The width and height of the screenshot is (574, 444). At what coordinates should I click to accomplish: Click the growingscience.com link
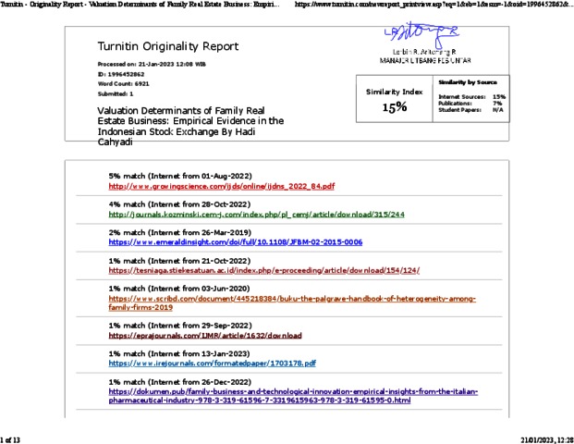(x=222, y=186)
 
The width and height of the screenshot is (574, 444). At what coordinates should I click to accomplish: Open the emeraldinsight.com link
(x=235, y=242)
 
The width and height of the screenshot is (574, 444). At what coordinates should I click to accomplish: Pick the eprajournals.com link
(x=218, y=335)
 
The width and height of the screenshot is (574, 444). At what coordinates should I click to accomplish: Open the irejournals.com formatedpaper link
(x=212, y=364)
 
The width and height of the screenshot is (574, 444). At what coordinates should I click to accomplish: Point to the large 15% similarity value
(x=395, y=108)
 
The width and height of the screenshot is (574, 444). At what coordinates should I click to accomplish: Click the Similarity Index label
(x=395, y=92)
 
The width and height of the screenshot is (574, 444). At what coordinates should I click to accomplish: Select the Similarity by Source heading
(x=472, y=83)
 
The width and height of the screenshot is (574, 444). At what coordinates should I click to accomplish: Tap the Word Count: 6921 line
(x=123, y=84)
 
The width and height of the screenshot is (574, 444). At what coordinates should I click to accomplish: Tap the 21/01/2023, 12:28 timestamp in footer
(x=546, y=437)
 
